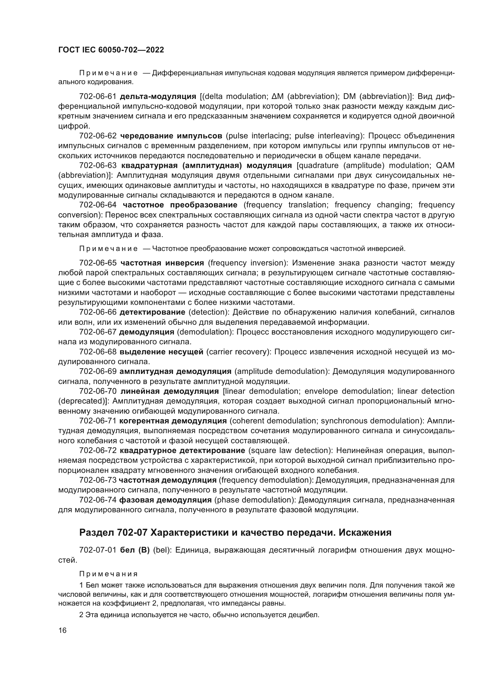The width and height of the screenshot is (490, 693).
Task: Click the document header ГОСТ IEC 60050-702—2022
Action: (x=111, y=50)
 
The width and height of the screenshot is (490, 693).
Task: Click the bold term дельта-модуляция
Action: (x=158, y=97)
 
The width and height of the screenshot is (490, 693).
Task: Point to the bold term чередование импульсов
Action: (x=171, y=136)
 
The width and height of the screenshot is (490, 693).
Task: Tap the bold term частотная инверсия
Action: (x=162, y=263)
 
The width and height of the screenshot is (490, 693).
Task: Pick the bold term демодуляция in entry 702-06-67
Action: (x=147, y=332)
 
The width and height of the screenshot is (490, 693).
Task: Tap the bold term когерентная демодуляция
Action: (x=173, y=421)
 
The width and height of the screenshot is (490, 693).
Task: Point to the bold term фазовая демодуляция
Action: (x=165, y=500)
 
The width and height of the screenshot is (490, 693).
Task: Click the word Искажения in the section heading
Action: (x=365, y=533)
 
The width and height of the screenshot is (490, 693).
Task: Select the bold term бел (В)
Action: (x=135, y=550)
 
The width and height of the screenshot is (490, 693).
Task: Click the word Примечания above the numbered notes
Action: (x=108, y=574)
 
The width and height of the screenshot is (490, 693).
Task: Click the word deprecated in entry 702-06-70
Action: (x=84, y=401)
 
